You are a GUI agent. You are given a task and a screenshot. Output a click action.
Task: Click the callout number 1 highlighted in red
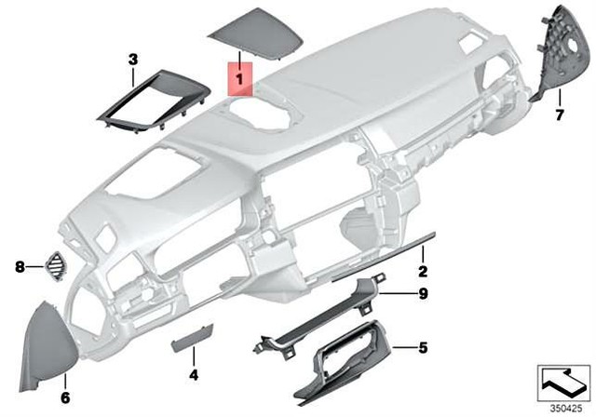point(239,81)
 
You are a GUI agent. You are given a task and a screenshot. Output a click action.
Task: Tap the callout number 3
point(132,60)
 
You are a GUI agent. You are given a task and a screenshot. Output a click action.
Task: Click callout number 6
point(65,397)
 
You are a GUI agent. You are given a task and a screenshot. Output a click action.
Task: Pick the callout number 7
point(560,115)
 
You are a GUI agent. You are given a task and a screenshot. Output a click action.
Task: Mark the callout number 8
point(19,267)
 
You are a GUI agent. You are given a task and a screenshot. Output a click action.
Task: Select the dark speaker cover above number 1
point(249,37)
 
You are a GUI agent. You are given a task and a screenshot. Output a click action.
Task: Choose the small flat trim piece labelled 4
point(186,346)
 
